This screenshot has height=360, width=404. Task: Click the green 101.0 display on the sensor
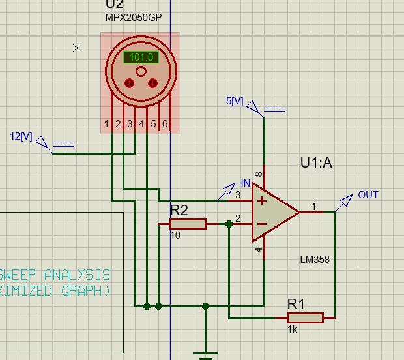click(141, 57)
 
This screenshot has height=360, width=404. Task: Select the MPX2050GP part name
click(134, 18)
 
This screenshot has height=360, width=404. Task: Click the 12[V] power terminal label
click(22, 136)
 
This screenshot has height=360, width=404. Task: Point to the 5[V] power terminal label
click(235, 102)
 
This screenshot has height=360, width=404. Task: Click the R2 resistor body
click(188, 224)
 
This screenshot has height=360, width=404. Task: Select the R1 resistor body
click(305, 318)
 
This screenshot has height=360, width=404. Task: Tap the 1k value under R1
click(293, 329)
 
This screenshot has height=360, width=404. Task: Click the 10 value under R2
click(175, 235)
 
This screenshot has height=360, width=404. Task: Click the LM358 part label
click(315, 260)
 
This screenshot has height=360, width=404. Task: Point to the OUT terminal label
click(368, 195)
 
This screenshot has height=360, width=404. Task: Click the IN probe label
click(246, 183)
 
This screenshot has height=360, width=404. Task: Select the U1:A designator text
click(316, 163)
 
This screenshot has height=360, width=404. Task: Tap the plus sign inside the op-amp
click(262, 201)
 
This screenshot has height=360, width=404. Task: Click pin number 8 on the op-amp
click(259, 174)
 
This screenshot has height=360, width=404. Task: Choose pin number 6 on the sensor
click(166, 124)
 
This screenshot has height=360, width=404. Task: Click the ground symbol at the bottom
click(206, 356)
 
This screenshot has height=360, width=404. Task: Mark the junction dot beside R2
click(229, 224)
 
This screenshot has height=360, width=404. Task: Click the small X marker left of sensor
click(76, 48)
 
